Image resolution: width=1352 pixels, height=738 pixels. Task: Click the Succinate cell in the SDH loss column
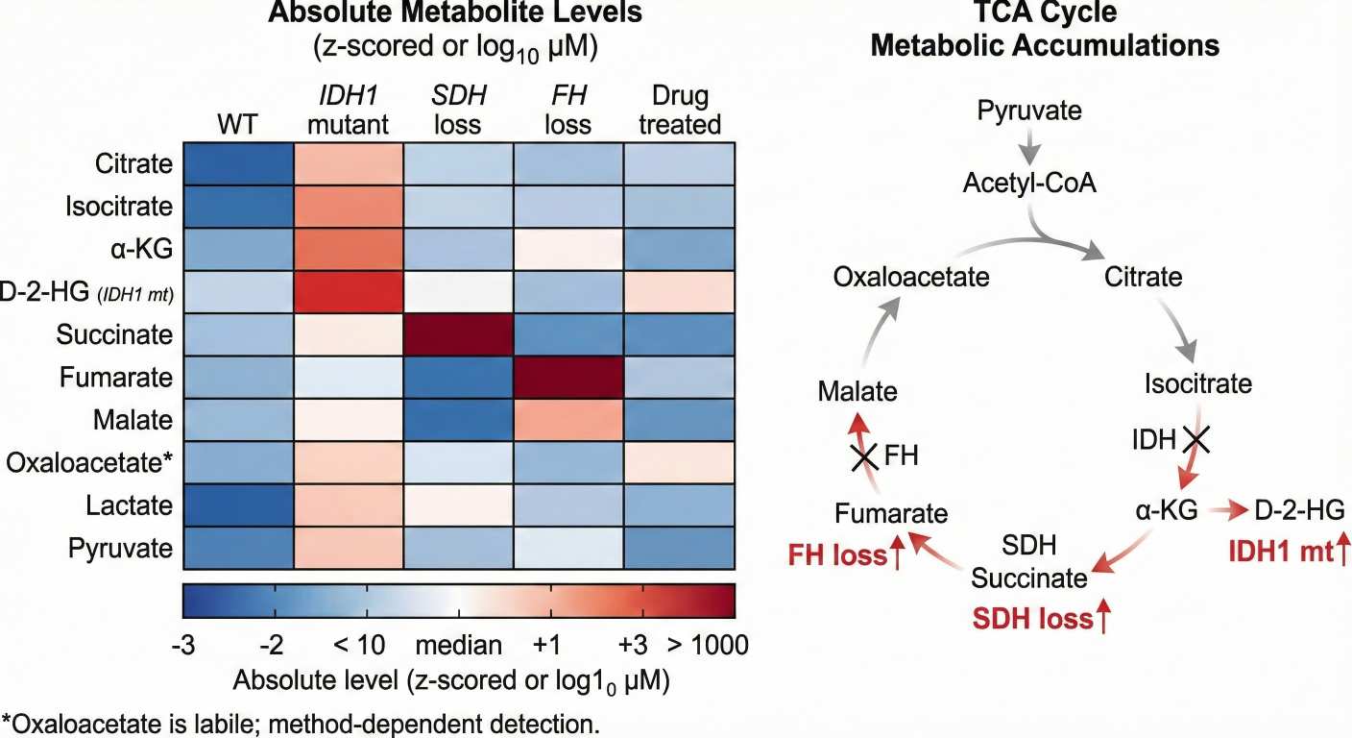point(458,334)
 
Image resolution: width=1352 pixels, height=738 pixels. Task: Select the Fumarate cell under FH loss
point(568,377)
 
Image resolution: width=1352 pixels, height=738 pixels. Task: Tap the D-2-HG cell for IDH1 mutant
point(348,292)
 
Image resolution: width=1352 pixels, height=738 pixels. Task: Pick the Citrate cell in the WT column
point(237,164)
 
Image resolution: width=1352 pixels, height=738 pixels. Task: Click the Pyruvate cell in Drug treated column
point(680,548)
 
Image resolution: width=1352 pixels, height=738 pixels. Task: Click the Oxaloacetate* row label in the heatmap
point(89,462)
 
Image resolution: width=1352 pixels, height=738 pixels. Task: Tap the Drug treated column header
point(680,111)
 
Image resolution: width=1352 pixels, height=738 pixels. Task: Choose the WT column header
point(237,125)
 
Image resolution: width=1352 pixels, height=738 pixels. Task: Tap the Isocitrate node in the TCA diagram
point(1197,384)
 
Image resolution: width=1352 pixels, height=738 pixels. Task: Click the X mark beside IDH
point(1195,441)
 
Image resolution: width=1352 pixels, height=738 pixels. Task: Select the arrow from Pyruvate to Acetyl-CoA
point(1028,146)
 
